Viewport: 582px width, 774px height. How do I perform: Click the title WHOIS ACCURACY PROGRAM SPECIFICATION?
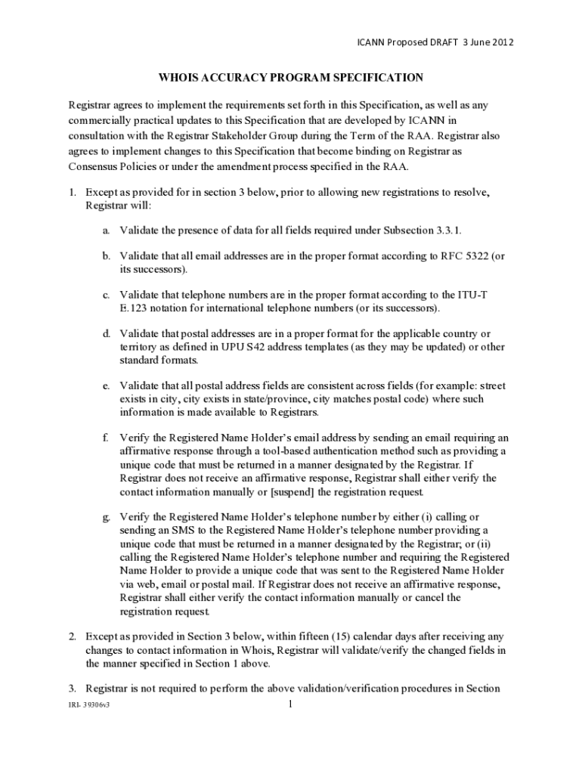(290, 77)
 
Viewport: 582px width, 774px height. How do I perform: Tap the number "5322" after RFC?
(473, 256)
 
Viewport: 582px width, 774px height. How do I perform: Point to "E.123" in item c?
(133, 308)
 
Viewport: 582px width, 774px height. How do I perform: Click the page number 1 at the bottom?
(290, 706)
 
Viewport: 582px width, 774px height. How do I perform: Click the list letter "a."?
(107, 230)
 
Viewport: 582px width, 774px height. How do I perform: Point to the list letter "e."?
(107, 386)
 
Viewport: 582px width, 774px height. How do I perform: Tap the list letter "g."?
(107, 518)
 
